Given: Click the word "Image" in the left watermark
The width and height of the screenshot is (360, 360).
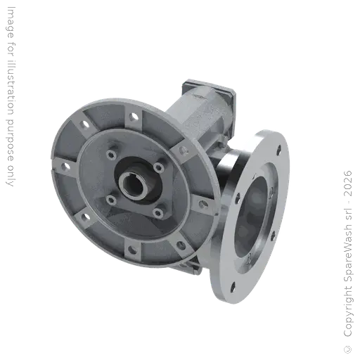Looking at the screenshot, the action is click(10, 22).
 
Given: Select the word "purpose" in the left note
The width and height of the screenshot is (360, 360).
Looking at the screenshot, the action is click(9, 139).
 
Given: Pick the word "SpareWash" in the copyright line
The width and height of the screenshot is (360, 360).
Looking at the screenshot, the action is click(348, 257).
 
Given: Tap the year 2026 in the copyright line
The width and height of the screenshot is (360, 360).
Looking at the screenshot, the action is click(348, 184).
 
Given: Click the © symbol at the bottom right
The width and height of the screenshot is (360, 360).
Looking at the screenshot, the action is click(348, 349).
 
